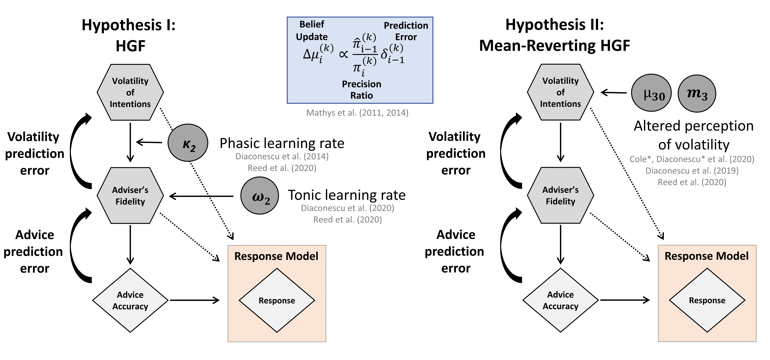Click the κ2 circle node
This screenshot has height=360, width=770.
pos(188,143)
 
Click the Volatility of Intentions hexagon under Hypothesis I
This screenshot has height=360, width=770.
pos(130,92)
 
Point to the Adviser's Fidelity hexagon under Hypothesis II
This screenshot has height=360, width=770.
pos(560,195)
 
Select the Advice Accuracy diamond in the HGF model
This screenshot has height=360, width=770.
pos(130,300)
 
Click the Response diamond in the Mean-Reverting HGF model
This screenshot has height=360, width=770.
pos(707,300)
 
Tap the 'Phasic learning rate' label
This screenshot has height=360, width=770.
pos(282,143)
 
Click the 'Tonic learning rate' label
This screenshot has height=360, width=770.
pos(347,195)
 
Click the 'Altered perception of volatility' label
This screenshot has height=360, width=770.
pos(694,135)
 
